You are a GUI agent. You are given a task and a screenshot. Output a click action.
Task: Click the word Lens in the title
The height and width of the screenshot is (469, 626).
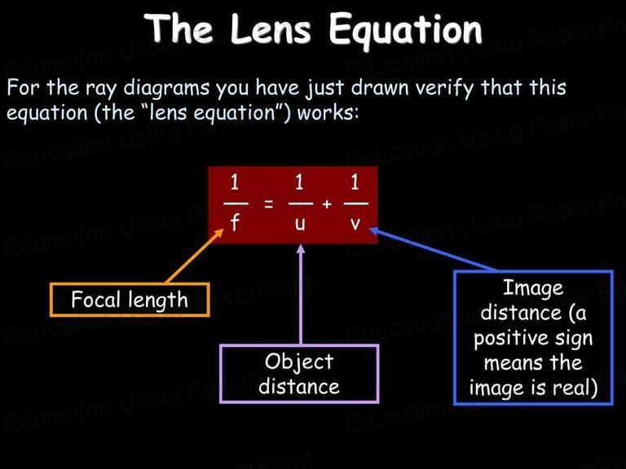[271, 29]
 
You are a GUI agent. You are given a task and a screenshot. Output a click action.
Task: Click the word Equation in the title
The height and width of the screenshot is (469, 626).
[406, 31]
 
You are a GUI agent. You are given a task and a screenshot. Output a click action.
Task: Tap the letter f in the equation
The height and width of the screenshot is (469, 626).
[235, 222]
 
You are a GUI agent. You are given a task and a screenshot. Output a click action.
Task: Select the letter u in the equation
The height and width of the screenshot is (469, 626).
[300, 225]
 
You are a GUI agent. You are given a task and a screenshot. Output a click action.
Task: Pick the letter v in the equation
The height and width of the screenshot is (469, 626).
[355, 225]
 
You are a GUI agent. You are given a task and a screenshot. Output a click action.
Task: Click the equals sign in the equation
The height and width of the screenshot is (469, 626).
[269, 204]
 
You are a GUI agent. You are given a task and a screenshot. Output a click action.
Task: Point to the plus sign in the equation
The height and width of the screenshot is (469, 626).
[327, 204]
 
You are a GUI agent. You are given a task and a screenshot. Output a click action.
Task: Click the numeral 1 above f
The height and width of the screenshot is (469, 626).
[235, 182]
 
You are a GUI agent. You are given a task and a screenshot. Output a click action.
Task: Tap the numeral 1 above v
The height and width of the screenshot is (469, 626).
[355, 182]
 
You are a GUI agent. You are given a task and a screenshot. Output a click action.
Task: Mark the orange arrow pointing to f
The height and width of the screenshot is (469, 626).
[195, 256]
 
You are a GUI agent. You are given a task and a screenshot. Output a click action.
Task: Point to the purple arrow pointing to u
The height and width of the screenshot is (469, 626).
[301, 294]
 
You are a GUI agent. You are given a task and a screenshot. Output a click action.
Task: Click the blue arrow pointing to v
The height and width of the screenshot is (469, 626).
[433, 250]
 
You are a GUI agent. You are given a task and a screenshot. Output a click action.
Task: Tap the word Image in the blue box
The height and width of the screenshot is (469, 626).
[533, 288]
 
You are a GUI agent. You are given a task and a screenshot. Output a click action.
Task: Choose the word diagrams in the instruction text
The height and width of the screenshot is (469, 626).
[166, 88]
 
